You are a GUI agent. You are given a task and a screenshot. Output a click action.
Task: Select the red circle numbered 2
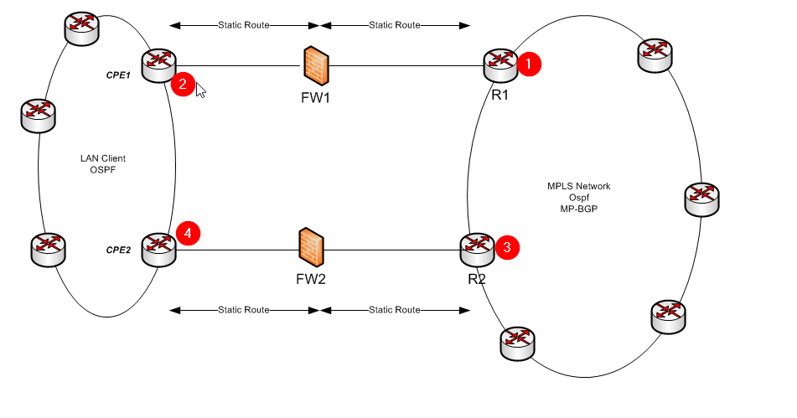(182, 84)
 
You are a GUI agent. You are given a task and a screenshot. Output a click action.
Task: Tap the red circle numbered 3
(507, 247)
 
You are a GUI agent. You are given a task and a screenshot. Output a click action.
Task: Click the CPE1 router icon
(158, 65)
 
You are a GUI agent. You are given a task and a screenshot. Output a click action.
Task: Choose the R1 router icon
(501, 65)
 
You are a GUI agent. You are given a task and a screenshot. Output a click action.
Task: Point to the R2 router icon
(479, 248)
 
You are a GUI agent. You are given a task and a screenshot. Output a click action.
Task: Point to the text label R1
(500, 95)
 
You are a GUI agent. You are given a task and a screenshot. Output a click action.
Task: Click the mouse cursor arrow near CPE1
(200, 89)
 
